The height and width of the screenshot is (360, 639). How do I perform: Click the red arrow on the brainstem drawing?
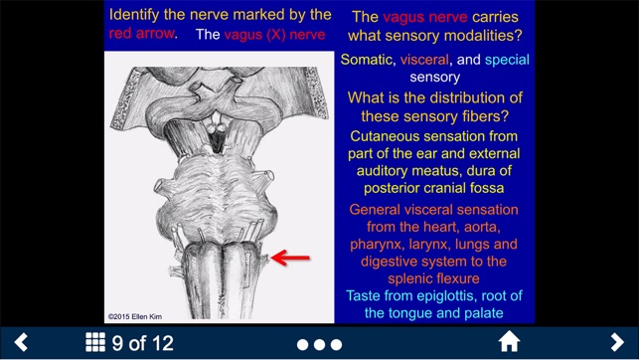coord(291,259)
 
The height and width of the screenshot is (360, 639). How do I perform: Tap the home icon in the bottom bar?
coord(509,343)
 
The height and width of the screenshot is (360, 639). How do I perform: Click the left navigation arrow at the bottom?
coord(20,343)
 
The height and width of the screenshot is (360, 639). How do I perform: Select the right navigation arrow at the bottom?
coord(617,343)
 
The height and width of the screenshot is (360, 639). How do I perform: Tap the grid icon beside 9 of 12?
coord(95,343)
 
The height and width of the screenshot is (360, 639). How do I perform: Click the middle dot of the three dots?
coord(320,344)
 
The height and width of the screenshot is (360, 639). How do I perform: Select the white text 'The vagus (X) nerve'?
coord(260,34)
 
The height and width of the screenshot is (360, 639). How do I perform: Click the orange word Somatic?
coord(367,60)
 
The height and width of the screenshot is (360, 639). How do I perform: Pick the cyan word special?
coord(507,60)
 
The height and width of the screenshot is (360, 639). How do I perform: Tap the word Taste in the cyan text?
coord(366,295)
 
